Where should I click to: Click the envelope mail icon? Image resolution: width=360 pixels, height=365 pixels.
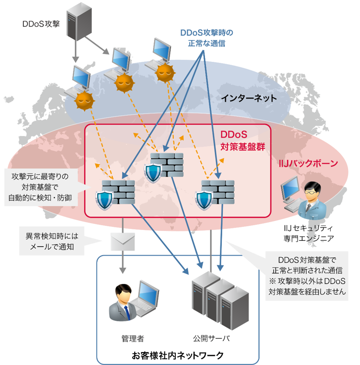(x=121, y=241)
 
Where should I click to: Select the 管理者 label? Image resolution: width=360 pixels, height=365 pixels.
(x=132, y=339)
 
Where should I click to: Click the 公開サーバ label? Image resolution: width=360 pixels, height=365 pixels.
(x=211, y=339)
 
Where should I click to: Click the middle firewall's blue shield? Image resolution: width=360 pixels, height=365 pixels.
(x=152, y=171)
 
